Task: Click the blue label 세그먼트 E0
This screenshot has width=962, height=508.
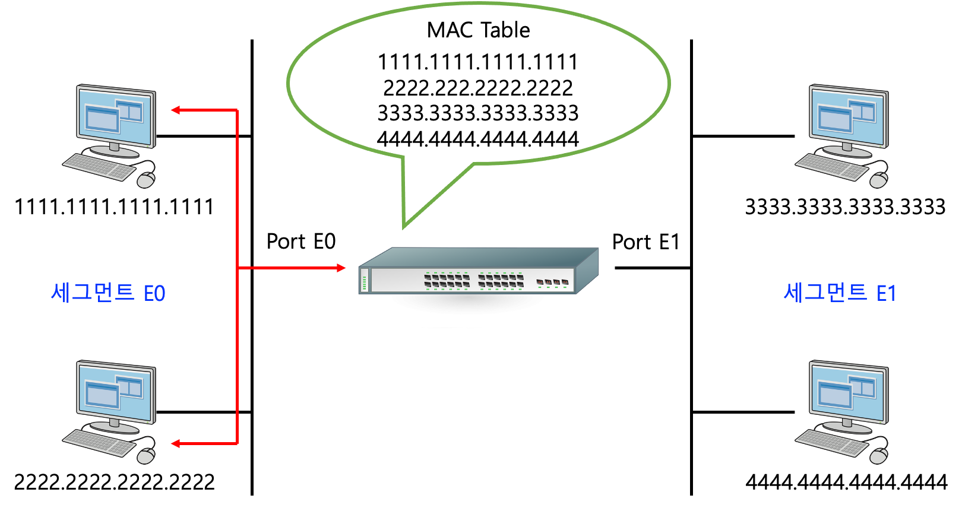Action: point(108,293)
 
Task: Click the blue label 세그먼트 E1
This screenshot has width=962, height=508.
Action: point(839,293)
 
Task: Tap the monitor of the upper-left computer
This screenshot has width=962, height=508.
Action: point(115,116)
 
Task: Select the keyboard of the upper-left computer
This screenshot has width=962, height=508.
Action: point(99,166)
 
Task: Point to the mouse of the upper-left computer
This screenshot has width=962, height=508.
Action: point(145,180)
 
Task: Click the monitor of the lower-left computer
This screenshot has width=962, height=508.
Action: point(115,392)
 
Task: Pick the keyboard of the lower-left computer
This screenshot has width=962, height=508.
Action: point(99,443)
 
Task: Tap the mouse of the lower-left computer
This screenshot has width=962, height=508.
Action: point(145,456)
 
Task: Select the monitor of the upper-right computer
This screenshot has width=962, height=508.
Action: point(848,116)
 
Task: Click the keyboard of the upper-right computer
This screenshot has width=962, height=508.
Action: point(832,166)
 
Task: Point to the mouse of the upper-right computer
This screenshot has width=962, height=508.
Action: point(878,180)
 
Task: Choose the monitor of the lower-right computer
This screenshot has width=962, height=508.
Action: point(848,392)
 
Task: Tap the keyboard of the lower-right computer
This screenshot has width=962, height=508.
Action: point(832,443)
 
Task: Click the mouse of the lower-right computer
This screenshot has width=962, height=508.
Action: point(878,456)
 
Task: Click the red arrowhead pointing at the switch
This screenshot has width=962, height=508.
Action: point(341,268)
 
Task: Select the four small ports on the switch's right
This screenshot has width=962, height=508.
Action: point(552,282)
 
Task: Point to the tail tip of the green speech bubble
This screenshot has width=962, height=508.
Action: point(404,226)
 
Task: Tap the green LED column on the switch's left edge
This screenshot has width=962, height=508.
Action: point(364,281)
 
